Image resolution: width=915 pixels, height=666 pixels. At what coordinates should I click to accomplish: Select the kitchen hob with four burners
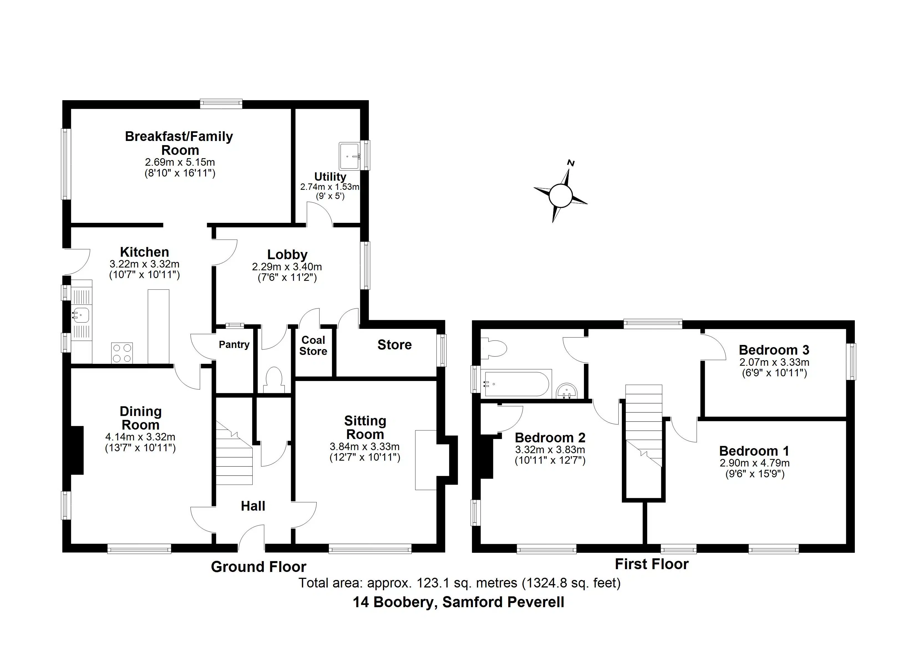point(122,353)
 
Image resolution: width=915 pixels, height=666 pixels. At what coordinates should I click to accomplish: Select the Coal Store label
point(313,346)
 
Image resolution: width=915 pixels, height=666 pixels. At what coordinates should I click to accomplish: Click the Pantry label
point(234,344)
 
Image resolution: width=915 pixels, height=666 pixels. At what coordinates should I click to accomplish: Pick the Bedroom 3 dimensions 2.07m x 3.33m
point(774,362)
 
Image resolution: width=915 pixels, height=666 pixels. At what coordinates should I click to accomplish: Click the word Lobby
point(287,254)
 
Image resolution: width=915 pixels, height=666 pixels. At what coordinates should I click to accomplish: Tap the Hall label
point(253,506)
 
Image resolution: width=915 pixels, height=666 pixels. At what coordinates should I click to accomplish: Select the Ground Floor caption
point(259,567)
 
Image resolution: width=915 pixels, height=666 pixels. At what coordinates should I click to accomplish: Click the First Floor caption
point(652,564)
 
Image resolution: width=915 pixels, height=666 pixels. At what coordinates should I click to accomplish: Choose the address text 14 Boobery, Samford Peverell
point(458,602)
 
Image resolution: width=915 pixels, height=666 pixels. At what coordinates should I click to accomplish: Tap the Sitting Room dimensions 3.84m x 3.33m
point(365,447)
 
